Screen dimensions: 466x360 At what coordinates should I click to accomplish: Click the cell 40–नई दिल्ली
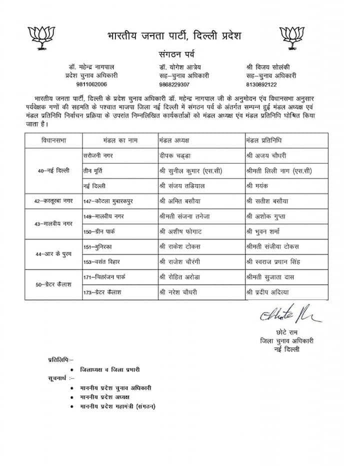click(53, 170)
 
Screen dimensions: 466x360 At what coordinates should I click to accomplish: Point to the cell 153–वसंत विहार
click(105, 261)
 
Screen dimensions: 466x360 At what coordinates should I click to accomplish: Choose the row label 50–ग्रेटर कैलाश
click(53, 284)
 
